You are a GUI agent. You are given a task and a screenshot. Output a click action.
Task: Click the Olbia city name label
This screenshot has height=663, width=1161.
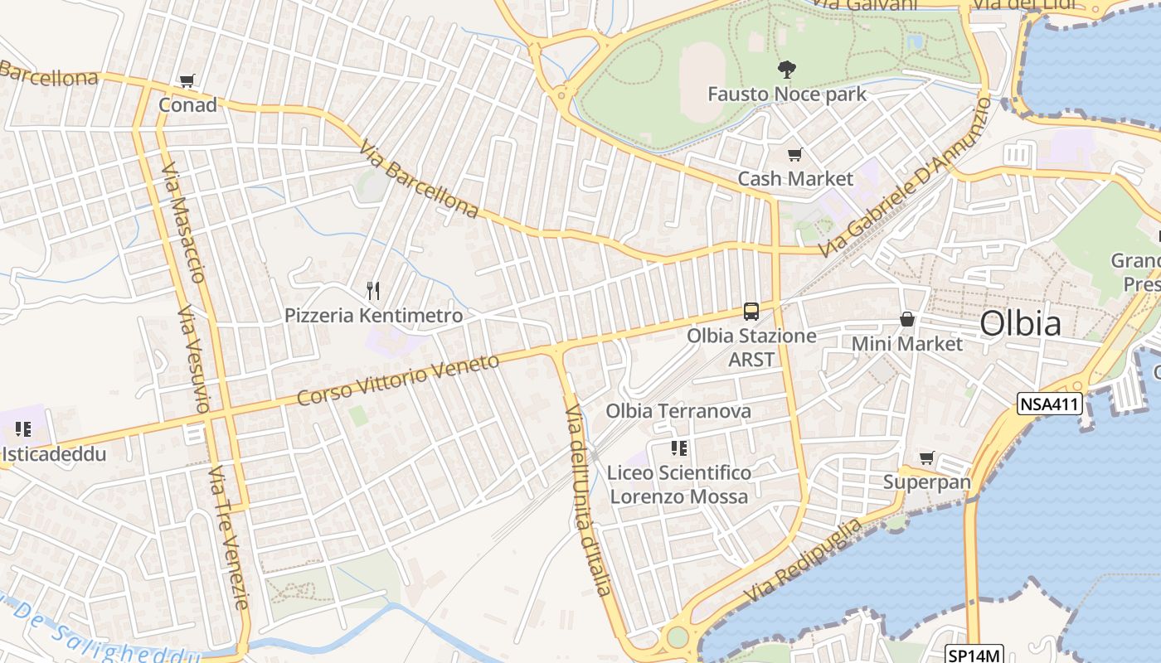[x=1020, y=323]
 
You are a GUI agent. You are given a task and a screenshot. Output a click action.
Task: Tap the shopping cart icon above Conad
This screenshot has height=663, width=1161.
[x=187, y=81]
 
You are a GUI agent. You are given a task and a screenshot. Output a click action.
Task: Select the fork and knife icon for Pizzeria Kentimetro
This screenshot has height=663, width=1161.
[x=373, y=290]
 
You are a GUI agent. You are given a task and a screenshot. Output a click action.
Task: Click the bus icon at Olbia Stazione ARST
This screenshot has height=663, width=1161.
[x=751, y=312]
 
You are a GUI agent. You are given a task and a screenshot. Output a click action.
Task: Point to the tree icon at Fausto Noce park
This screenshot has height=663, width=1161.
[x=786, y=70]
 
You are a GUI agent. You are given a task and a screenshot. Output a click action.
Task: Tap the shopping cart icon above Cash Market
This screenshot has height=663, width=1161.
[x=795, y=154]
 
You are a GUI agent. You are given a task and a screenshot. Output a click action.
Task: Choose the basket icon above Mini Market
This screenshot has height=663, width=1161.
[x=908, y=319]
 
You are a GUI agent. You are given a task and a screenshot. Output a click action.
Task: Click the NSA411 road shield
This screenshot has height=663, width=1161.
[x=1051, y=404]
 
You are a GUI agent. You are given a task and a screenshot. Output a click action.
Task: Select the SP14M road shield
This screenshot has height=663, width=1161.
[x=974, y=655]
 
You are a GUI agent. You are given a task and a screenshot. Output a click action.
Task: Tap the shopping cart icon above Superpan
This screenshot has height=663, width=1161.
[x=926, y=457]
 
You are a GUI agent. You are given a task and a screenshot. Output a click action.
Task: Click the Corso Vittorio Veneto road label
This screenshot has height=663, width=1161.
[x=399, y=379]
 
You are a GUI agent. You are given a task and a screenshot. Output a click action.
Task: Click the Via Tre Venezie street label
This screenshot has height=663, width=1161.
[x=229, y=537]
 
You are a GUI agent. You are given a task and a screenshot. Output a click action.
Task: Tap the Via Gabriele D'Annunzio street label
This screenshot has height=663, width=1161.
[x=904, y=177]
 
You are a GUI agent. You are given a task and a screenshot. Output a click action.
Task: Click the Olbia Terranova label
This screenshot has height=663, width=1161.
[x=678, y=411]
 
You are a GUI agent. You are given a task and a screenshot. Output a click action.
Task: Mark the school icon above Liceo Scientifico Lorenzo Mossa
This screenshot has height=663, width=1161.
[x=679, y=448]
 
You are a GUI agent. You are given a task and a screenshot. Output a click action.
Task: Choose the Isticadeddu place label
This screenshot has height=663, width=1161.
[x=55, y=454]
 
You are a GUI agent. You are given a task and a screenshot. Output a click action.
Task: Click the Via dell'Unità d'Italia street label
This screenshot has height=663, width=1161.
[x=588, y=500]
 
